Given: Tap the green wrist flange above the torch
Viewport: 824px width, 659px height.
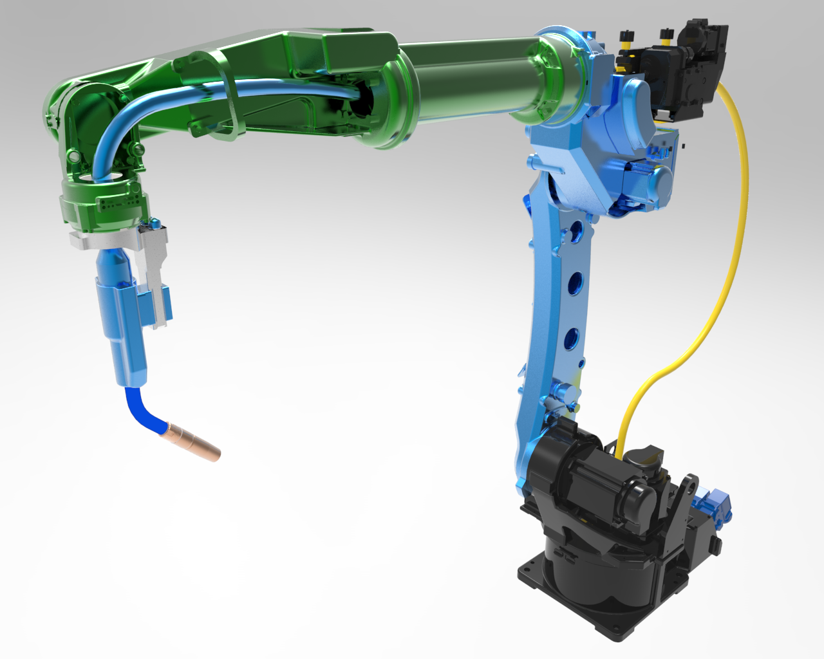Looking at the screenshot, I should click(x=103, y=206).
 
